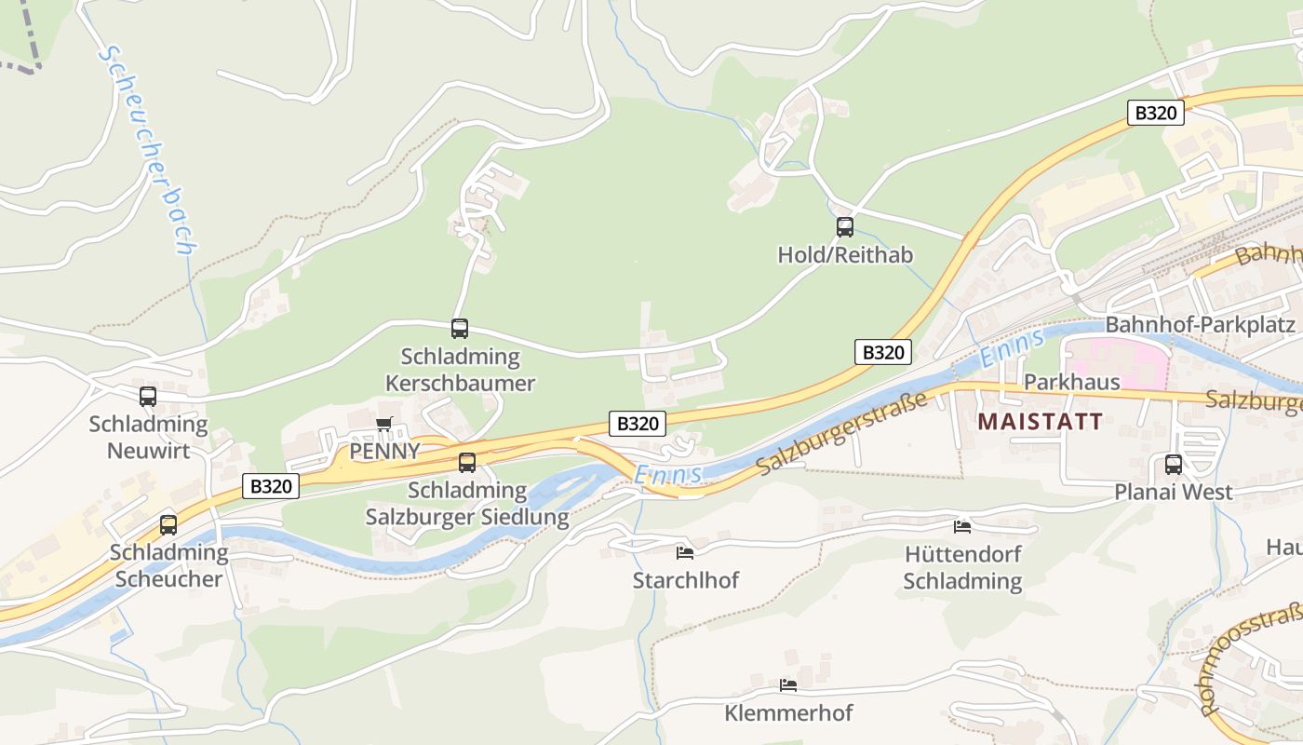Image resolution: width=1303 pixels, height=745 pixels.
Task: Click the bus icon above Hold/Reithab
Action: click(845, 226)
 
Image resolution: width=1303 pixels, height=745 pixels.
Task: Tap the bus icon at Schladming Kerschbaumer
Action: click(460, 328)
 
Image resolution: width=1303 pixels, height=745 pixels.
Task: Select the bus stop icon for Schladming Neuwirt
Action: click(148, 397)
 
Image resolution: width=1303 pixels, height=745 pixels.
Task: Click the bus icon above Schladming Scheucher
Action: click(168, 524)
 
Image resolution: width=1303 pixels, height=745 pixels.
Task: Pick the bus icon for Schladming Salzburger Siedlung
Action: click(467, 462)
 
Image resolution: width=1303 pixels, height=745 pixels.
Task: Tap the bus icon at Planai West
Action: click(1174, 464)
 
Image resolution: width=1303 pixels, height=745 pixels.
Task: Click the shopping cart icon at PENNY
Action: click(383, 425)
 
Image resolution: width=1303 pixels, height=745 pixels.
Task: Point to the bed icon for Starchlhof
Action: click(685, 552)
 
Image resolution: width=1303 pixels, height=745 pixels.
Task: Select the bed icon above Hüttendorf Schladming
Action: click(962, 526)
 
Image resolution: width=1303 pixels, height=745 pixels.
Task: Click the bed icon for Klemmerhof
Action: click(788, 685)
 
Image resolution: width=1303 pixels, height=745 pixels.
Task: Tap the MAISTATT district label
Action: click(1040, 421)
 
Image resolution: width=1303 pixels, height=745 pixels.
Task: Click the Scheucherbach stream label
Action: click(148, 149)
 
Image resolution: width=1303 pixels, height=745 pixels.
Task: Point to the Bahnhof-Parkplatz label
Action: click(1200, 325)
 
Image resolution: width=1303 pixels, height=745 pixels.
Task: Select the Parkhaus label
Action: click(1058, 383)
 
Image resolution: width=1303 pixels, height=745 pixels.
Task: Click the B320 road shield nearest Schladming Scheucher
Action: click(272, 485)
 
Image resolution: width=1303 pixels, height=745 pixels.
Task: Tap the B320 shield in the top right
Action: click(1156, 114)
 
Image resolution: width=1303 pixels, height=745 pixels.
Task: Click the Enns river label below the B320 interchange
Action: click(667, 475)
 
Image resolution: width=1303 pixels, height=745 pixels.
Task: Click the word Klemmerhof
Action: click(788, 713)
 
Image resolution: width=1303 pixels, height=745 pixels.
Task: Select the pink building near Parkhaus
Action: click(1117, 363)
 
